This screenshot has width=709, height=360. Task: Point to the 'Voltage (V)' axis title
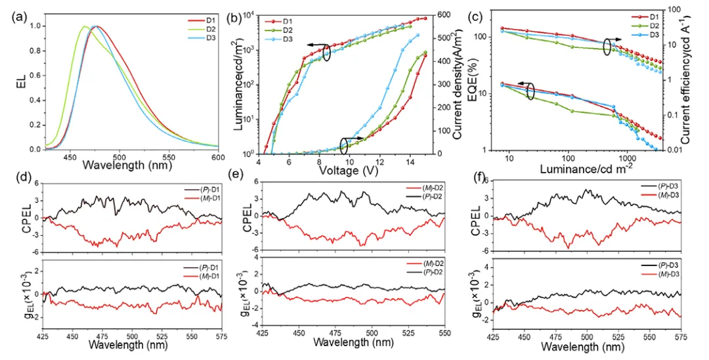tap(349, 169)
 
